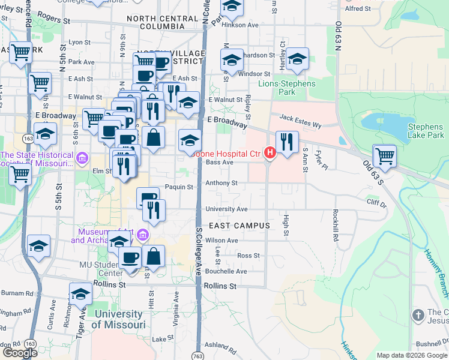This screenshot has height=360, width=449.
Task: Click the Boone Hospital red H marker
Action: tap(270, 154)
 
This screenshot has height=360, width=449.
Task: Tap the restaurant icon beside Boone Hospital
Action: tap(287, 142)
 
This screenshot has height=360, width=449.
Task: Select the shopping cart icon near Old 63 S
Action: tap(385, 157)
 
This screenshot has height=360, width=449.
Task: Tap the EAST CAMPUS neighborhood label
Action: tap(240, 226)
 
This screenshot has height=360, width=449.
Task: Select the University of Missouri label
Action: tap(118, 319)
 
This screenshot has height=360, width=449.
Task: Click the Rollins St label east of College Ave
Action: tap(220, 286)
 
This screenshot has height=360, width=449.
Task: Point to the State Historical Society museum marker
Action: tap(82, 159)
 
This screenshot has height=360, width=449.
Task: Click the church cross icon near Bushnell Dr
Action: tap(418, 315)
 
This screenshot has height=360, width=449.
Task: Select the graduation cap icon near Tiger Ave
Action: tap(80, 295)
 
